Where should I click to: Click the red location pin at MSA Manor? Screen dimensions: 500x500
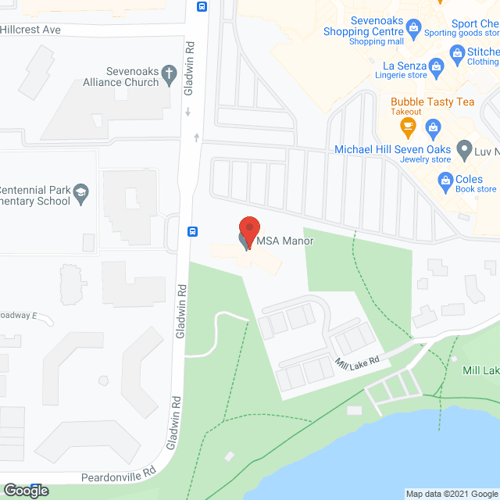coord(248,231)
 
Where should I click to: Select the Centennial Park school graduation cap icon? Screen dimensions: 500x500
coord(80,191)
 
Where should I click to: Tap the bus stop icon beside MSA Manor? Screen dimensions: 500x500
coord(192,231)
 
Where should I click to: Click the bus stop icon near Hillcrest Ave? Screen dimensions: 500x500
coord(202,8)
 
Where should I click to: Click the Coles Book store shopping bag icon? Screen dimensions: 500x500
coord(446,183)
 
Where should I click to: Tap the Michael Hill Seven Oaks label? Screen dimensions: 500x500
coord(394,149)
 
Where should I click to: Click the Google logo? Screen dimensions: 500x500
coord(25,491)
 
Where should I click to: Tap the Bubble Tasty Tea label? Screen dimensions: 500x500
coord(432,102)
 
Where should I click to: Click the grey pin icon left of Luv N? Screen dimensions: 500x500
coord(464,148)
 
